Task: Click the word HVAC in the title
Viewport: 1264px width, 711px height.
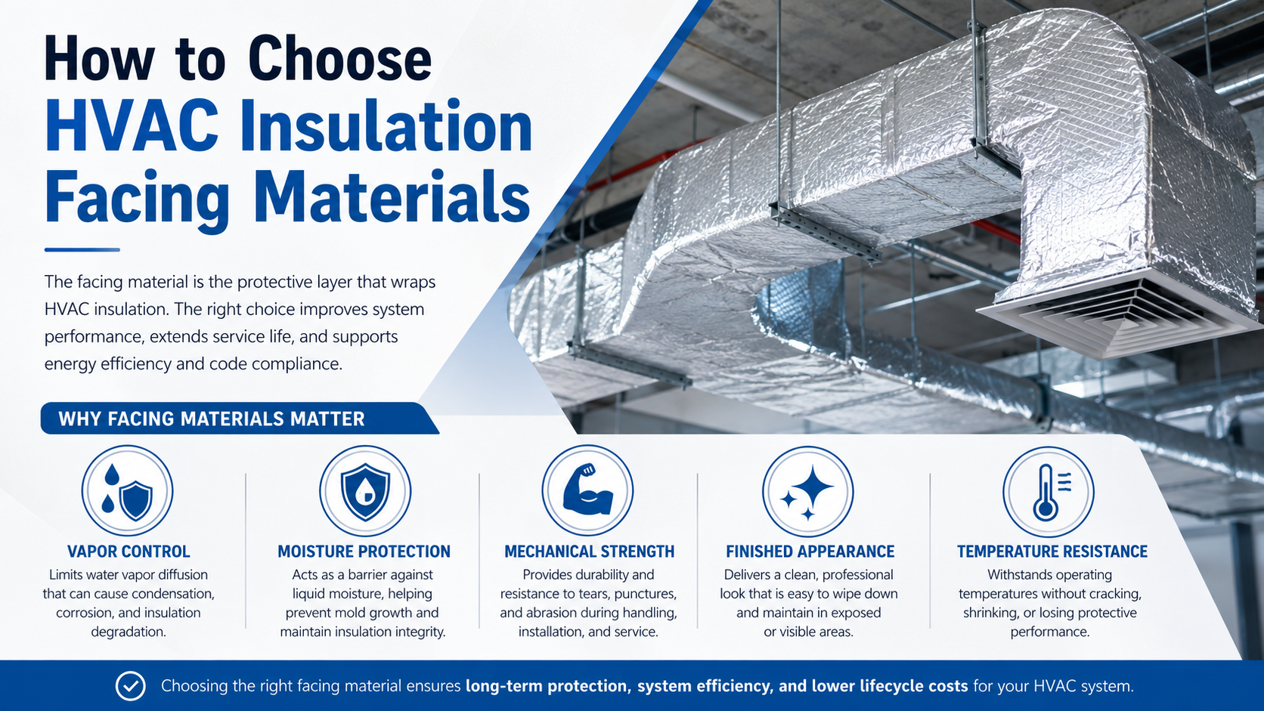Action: pyautogui.click(x=132, y=125)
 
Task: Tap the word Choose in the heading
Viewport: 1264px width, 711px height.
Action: pyautogui.click(x=339, y=59)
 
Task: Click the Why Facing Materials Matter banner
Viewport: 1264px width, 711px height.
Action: pyautogui.click(x=240, y=419)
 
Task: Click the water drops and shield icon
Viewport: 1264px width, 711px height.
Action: pyautogui.click(x=127, y=490)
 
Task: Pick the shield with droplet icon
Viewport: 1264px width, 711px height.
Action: pyautogui.click(x=365, y=490)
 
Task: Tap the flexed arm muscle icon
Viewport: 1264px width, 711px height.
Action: pyautogui.click(x=587, y=490)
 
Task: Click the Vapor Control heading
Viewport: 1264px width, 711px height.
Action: pyautogui.click(x=129, y=552)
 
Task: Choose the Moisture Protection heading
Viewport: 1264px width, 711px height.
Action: pyautogui.click(x=364, y=552)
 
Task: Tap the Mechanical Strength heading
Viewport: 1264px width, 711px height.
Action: pyautogui.click(x=589, y=552)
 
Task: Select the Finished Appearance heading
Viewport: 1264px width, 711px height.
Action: pyautogui.click(x=810, y=552)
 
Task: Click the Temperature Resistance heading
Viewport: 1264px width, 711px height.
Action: pyautogui.click(x=1052, y=552)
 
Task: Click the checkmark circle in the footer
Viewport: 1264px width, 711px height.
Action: pyautogui.click(x=130, y=686)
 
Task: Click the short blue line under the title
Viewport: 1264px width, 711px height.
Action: pyautogui.click(x=82, y=250)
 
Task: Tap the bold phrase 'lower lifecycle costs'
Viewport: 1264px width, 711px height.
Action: pyautogui.click(x=890, y=686)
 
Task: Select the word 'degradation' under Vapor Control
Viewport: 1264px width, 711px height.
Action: pyautogui.click(x=129, y=632)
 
